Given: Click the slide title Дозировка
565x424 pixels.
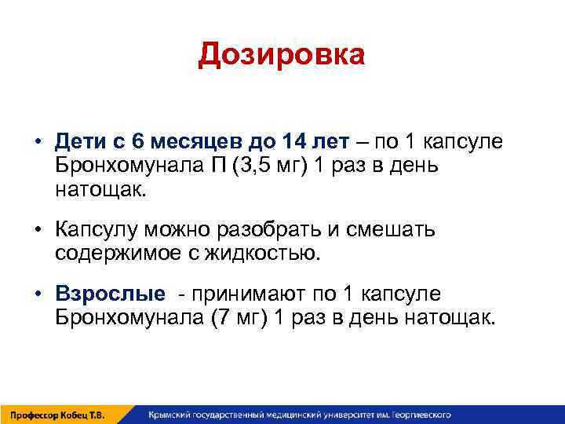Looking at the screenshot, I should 282,55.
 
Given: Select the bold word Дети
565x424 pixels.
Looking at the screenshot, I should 77,144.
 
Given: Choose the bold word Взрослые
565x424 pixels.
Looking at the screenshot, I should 110,294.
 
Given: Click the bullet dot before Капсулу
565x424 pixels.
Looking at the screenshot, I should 36,231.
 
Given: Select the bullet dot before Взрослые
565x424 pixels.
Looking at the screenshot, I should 36,294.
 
